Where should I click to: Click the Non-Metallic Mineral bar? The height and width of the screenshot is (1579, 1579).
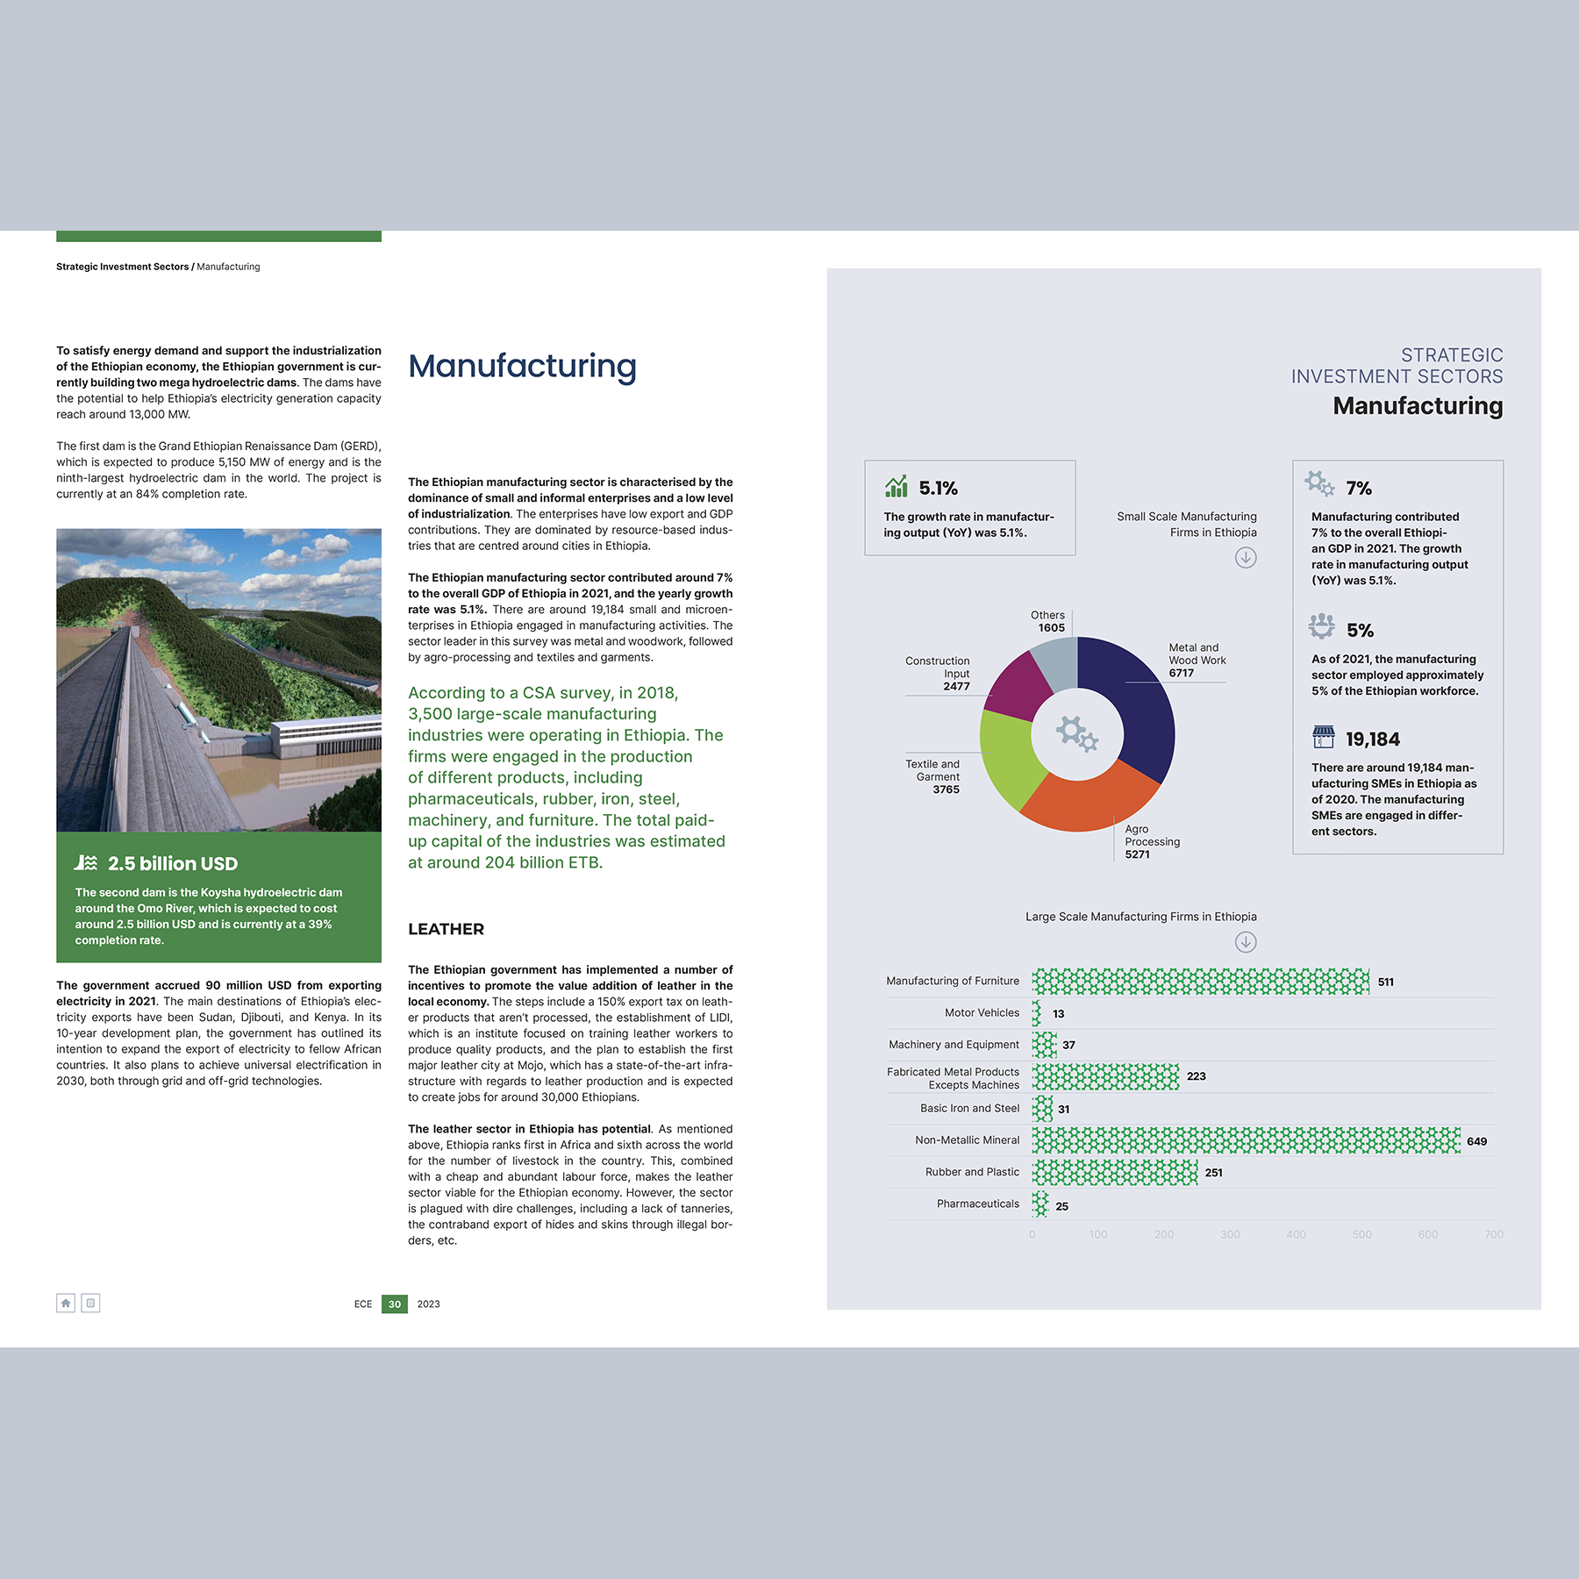(1246, 1140)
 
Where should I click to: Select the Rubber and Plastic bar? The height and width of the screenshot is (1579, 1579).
(1114, 1173)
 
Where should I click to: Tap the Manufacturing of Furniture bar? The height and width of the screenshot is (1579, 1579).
(1200, 982)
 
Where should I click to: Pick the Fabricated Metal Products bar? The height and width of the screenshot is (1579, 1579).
(1105, 1076)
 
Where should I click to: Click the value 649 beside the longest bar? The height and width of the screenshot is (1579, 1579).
(1476, 1141)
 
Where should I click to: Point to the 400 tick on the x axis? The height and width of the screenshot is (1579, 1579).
(1296, 1234)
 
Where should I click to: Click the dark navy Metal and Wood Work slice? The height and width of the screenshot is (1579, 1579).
(1136, 702)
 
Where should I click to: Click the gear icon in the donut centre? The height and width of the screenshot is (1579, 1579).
(1077, 733)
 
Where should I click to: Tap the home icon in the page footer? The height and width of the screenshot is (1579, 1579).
(66, 1303)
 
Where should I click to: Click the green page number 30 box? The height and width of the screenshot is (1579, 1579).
(395, 1304)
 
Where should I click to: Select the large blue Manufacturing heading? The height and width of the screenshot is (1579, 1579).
(522, 366)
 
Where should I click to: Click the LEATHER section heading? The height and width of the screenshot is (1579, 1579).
(446, 929)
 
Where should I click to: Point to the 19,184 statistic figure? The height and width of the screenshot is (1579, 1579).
(1373, 739)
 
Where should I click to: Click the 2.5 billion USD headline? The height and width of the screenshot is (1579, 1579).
(173, 864)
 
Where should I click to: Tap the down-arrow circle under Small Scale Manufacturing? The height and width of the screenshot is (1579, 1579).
(1246, 558)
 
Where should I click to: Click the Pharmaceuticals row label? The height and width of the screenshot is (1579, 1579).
(977, 1204)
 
